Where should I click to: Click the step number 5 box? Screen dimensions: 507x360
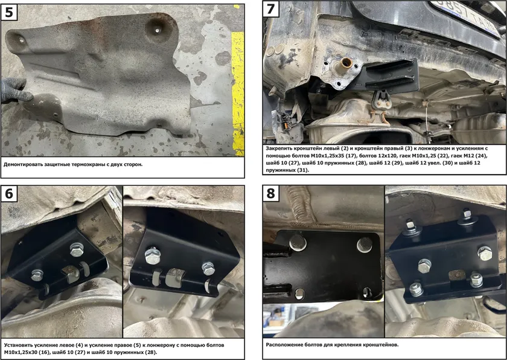coord(9,13)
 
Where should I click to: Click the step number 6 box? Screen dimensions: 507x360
coord(9,194)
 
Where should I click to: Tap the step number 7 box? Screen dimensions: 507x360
coord(271,9)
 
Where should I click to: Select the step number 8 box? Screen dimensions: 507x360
coord(271,194)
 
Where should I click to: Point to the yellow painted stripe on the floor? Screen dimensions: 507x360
coord(238,93)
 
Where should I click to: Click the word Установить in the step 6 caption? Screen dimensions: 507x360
coord(17,346)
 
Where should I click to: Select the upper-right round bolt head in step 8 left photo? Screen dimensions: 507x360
coord(365,245)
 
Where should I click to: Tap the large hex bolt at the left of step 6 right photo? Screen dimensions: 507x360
coord(151,256)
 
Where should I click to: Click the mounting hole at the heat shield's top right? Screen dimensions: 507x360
coord(157,31)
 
